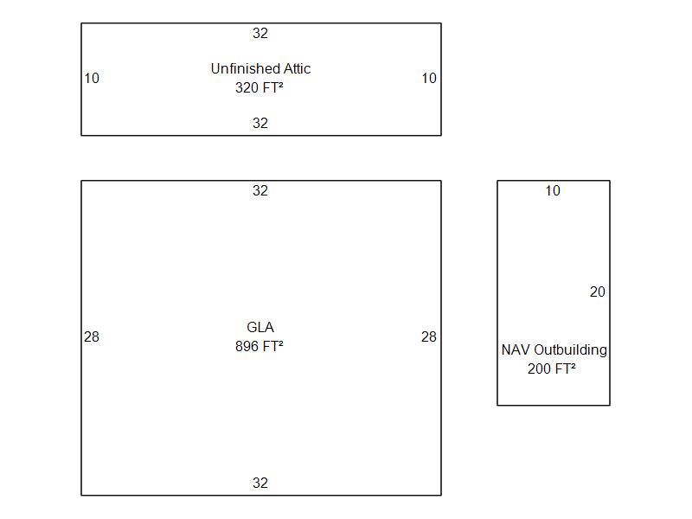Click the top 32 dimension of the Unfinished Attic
[260, 33]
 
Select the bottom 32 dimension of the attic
[260, 123]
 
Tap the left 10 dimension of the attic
[92, 78]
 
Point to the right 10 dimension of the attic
[429, 78]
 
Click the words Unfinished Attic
[260, 68]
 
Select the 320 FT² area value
[259, 87]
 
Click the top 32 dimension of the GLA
[260, 190]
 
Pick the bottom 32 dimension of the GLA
[260, 483]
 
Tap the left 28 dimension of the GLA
[92, 336]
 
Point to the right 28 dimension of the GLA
[429, 336]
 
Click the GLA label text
[260, 327]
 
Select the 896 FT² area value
[259, 346]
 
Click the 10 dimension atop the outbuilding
[553, 190]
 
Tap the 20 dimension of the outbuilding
[598, 292]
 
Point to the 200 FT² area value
[552, 368]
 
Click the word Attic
[297, 68]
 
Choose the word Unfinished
[245, 68]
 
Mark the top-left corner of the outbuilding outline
[497, 181]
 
